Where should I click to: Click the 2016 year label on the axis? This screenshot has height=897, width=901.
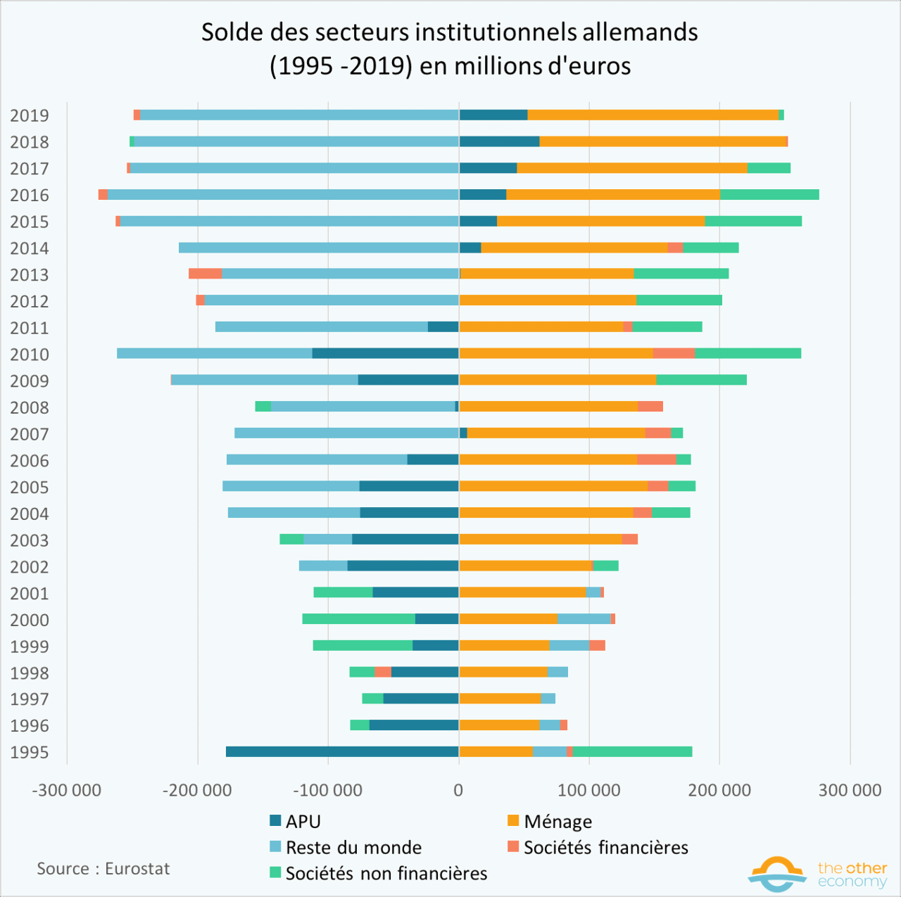30,195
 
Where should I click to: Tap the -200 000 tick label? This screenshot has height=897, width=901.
197,790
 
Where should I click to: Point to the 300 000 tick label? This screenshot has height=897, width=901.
850,790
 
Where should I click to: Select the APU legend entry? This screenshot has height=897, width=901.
296,821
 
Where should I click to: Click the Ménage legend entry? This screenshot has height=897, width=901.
550,821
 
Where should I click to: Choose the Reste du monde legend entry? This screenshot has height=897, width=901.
346,847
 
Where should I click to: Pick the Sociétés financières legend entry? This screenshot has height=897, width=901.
598,847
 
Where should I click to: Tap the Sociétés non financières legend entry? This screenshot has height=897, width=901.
379,873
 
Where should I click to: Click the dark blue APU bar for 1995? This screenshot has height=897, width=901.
342,751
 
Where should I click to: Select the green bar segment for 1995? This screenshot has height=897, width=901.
632,751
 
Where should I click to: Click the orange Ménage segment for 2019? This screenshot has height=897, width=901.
653,115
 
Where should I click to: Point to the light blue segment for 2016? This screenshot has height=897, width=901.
283,195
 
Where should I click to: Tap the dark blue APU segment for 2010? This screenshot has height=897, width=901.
385,353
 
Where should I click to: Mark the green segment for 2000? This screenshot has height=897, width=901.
358,619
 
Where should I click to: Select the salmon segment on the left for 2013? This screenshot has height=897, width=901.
205,274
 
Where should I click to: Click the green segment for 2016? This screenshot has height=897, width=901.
769,195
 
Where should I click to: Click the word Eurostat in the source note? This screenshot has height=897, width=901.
137,869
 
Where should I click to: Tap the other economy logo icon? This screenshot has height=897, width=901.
777,873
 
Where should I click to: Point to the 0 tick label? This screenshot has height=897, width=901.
458,790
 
